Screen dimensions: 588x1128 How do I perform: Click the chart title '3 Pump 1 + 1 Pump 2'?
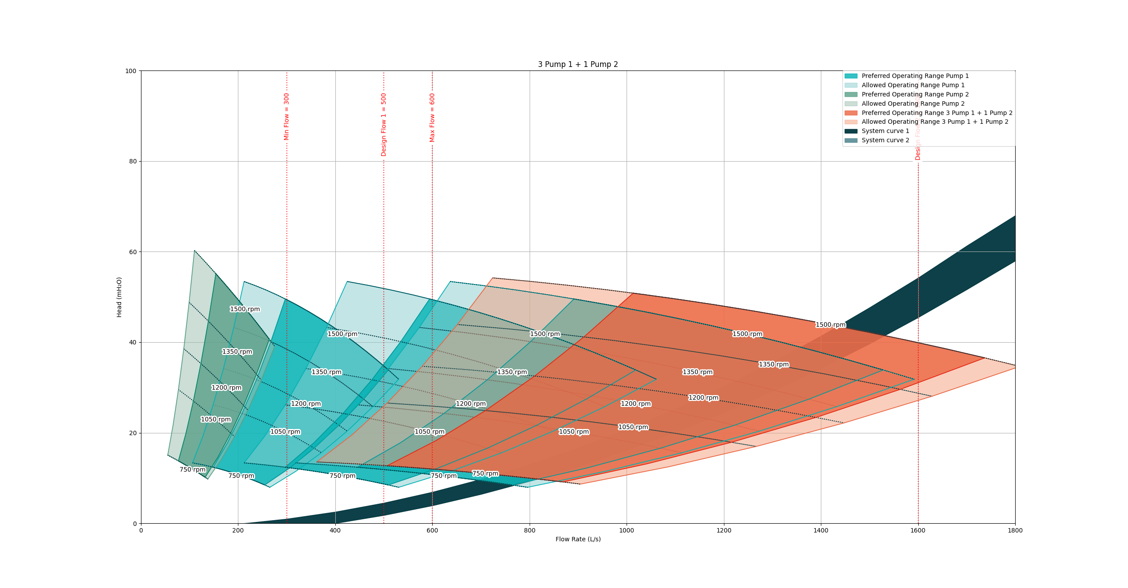click(578, 64)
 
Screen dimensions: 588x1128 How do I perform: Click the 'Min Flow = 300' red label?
click(286, 117)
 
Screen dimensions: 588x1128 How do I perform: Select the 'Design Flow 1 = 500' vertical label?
click(383, 125)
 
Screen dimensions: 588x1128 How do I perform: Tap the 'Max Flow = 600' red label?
click(432, 118)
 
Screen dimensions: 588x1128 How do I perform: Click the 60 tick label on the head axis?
click(133, 252)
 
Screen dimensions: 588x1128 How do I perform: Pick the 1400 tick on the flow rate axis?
click(820, 530)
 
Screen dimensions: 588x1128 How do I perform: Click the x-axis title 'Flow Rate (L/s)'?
click(578, 539)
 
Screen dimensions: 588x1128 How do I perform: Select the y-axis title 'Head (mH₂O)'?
click(119, 297)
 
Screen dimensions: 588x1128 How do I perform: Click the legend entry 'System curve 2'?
click(885, 140)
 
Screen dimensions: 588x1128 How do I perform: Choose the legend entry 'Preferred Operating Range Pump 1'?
click(915, 76)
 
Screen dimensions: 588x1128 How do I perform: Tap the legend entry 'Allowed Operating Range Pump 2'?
click(913, 104)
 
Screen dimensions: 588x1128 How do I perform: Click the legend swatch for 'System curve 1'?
click(851, 131)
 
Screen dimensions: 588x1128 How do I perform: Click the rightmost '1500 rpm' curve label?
click(830, 325)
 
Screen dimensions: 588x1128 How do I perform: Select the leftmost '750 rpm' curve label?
click(193, 470)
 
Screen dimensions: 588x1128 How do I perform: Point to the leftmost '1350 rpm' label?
click(237, 351)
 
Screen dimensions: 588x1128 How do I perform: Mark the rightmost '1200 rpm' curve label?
click(703, 398)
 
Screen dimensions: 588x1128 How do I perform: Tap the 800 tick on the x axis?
click(529, 530)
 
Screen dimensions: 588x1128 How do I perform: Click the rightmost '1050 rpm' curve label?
click(633, 427)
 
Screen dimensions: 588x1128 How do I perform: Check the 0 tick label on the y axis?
click(135, 524)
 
